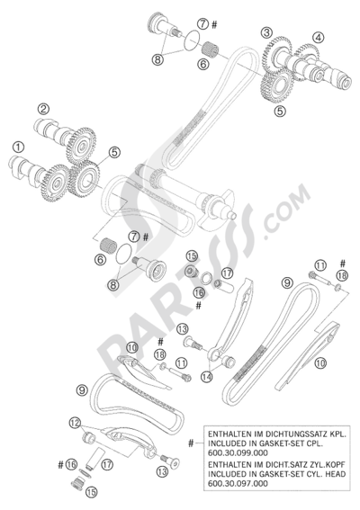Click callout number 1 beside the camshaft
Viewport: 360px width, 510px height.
[19, 147]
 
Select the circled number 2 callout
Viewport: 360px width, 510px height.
[43, 109]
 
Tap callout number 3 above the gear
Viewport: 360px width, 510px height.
[266, 32]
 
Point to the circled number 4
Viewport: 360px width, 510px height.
[319, 38]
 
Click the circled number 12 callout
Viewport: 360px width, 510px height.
[75, 423]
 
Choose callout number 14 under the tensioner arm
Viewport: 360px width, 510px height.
[207, 377]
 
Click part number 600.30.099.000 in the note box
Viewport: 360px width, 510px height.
[238, 452]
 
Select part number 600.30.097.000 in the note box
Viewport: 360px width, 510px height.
[238, 483]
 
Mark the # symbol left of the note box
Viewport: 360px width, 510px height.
[191, 443]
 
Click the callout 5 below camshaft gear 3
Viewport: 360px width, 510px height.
[280, 112]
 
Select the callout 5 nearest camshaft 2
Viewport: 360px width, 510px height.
[114, 152]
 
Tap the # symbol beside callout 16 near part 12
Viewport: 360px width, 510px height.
[60, 465]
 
